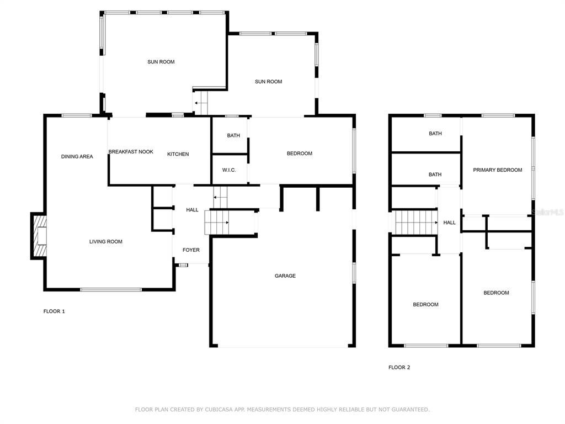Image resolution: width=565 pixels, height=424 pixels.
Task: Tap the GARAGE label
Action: tap(285, 276)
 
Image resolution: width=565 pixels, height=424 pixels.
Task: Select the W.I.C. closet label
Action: tap(229, 170)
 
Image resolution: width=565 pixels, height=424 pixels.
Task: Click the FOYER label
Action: tap(191, 250)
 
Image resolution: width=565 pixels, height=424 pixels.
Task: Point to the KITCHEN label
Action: tap(178, 154)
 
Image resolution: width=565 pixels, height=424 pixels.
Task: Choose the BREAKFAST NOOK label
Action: tap(131, 152)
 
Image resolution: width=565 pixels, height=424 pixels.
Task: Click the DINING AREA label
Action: tap(77, 156)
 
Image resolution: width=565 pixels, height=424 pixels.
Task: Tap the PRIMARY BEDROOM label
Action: tap(498, 170)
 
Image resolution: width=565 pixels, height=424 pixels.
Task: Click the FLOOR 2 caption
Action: tap(399, 367)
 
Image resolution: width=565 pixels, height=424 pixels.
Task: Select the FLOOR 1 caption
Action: tap(54, 311)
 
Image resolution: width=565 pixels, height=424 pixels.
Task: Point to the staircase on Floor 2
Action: tap(417, 222)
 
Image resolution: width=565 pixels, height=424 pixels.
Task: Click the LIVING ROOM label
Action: tap(106, 242)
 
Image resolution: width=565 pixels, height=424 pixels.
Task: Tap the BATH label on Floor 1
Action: tap(233, 136)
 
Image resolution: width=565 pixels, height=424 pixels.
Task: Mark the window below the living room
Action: tap(111, 289)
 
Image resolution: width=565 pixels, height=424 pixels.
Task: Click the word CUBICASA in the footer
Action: tap(220, 410)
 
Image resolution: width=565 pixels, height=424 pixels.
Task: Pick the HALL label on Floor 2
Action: tap(449, 222)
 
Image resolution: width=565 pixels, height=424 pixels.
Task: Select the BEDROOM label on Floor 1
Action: tap(300, 153)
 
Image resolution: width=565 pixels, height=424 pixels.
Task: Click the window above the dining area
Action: tap(76, 116)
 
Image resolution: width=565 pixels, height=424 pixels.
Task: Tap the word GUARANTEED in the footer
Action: tap(411, 410)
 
